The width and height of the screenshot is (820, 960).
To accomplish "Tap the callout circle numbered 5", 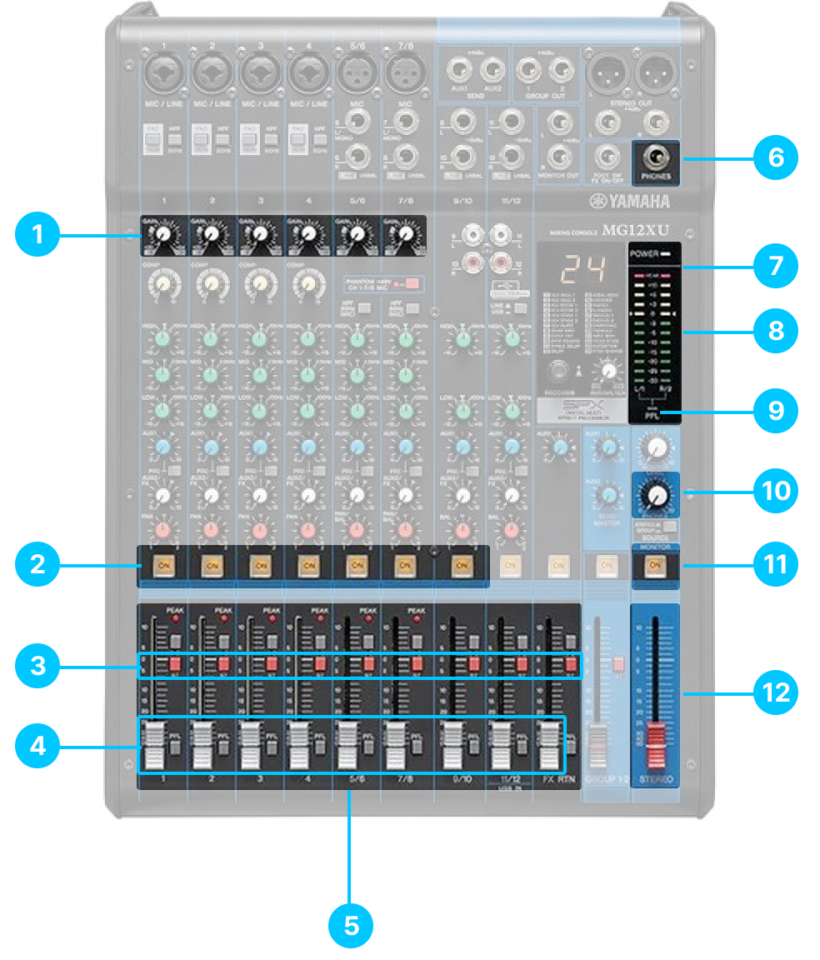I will [352, 925].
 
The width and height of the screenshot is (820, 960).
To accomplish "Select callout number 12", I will [776, 691].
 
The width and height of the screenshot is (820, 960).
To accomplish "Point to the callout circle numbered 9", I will [776, 409].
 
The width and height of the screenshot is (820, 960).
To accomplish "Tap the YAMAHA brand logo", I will [628, 202].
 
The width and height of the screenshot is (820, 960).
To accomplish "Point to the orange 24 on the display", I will [574, 267].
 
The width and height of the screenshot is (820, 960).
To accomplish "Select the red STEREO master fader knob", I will [657, 743].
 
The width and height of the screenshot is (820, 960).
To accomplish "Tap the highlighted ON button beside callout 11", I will [655, 566].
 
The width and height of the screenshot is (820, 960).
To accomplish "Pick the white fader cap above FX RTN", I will [547, 744].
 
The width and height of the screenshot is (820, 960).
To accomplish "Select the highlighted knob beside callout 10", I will [657, 495].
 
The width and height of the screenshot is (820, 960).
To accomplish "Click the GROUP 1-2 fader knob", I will [597, 744].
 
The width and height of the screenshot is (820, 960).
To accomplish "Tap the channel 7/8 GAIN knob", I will [406, 235].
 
